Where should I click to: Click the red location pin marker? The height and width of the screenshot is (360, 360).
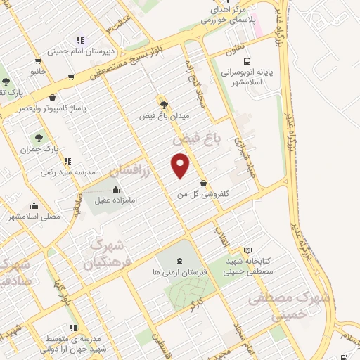tap(181, 166)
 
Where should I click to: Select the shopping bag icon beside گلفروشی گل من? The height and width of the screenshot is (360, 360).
tap(203, 184)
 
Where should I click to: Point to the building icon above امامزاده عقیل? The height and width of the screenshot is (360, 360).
tap(115, 189)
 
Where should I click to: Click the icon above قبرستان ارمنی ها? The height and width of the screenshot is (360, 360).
tap(177, 262)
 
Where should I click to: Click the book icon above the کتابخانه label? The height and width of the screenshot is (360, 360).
tap(247, 250)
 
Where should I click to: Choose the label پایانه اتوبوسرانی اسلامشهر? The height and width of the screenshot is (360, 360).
tap(261, 77)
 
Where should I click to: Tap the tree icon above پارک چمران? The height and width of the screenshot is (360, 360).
tap(38, 138)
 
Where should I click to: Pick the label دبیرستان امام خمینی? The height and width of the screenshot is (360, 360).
tap(77, 51)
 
